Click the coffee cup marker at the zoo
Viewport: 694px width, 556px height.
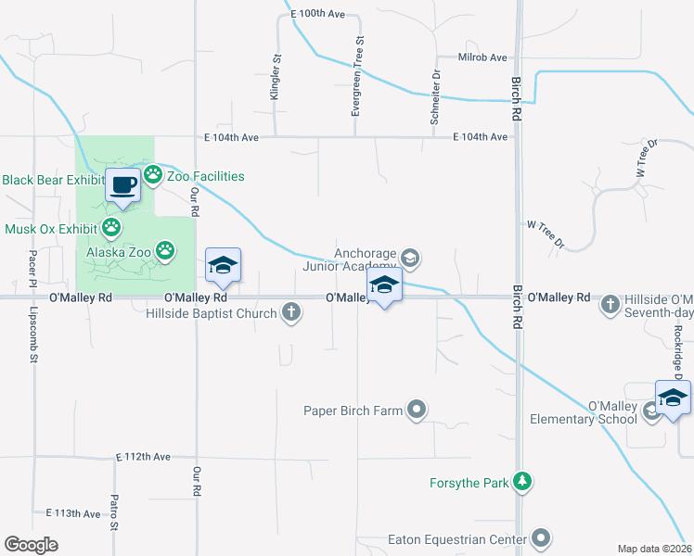click(123, 184)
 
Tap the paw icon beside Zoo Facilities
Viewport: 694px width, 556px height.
click(153, 174)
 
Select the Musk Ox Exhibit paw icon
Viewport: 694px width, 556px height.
click(112, 227)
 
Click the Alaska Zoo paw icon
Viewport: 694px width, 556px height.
click(165, 249)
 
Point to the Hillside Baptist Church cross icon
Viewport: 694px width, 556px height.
click(292, 312)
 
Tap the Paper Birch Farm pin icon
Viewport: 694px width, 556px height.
click(417, 410)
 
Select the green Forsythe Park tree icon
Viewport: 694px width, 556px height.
click(523, 482)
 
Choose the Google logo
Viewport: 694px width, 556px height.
click(31, 545)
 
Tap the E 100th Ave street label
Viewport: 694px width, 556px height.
click(316, 14)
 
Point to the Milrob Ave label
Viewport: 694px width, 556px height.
click(483, 57)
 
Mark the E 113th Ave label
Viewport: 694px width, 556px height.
click(72, 513)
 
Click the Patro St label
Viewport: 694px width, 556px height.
click(114, 538)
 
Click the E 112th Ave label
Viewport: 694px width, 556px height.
click(144, 458)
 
